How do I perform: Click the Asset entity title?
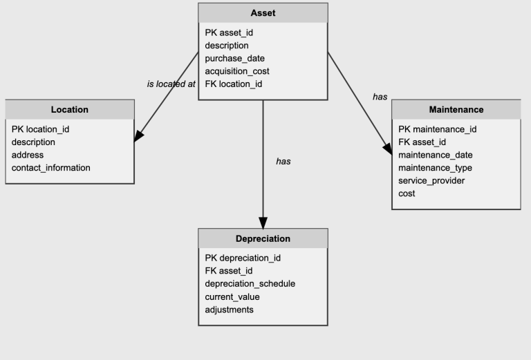pyautogui.click(x=263, y=13)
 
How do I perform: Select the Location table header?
pyautogui.click(x=70, y=109)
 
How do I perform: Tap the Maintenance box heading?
pyautogui.click(x=456, y=109)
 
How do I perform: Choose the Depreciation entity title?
pyautogui.click(x=263, y=238)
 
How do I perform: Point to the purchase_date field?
pyautogui.click(x=234, y=58)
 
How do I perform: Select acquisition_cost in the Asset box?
pyautogui.click(x=237, y=71)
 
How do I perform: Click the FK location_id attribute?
pyautogui.click(x=234, y=84)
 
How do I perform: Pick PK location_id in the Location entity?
pyautogui.click(x=40, y=129)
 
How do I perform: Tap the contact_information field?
pyautogui.click(x=51, y=168)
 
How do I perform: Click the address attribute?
pyautogui.click(x=28, y=155)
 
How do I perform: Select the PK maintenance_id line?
pyautogui.click(x=438, y=129)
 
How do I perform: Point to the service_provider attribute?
pyautogui.click(x=431, y=180)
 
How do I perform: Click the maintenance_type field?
pyautogui.click(x=435, y=168)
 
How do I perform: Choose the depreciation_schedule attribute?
pyautogui.click(x=250, y=283)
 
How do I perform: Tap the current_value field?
pyautogui.click(x=232, y=296)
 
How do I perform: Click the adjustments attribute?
pyautogui.click(x=229, y=310)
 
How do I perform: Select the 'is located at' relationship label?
pyautogui.click(x=171, y=84)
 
